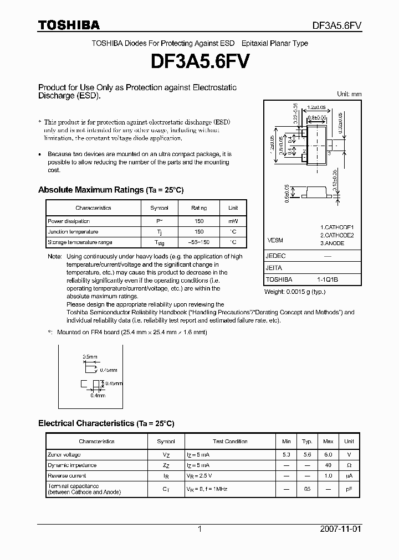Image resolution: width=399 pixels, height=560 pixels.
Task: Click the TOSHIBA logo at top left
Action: (x=69, y=25)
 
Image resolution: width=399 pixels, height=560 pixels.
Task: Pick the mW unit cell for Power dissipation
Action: (x=233, y=221)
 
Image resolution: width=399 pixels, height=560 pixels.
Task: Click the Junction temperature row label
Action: (x=73, y=232)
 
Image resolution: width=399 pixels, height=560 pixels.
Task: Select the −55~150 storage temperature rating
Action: (x=199, y=242)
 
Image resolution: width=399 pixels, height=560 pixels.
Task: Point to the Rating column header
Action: (x=199, y=208)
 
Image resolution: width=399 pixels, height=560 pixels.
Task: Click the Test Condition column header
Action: (x=230, y=442)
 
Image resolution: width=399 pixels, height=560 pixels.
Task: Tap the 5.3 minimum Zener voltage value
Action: (x=286, y=454)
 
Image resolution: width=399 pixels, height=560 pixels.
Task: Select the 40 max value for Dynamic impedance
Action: (x=328, y=465)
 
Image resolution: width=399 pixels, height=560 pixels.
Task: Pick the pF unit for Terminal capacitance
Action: (x=349, y=489)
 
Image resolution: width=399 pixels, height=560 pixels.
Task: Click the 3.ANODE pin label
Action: (x=332, y=243)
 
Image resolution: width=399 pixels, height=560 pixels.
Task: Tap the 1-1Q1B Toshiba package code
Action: (x=327, y=279)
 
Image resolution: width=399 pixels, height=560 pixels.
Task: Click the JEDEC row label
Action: (x=275, y=256)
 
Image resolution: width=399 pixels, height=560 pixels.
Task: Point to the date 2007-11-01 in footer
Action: (x=342, y=529)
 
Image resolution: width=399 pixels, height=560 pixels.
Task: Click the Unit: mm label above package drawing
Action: (x=349, y=94)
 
